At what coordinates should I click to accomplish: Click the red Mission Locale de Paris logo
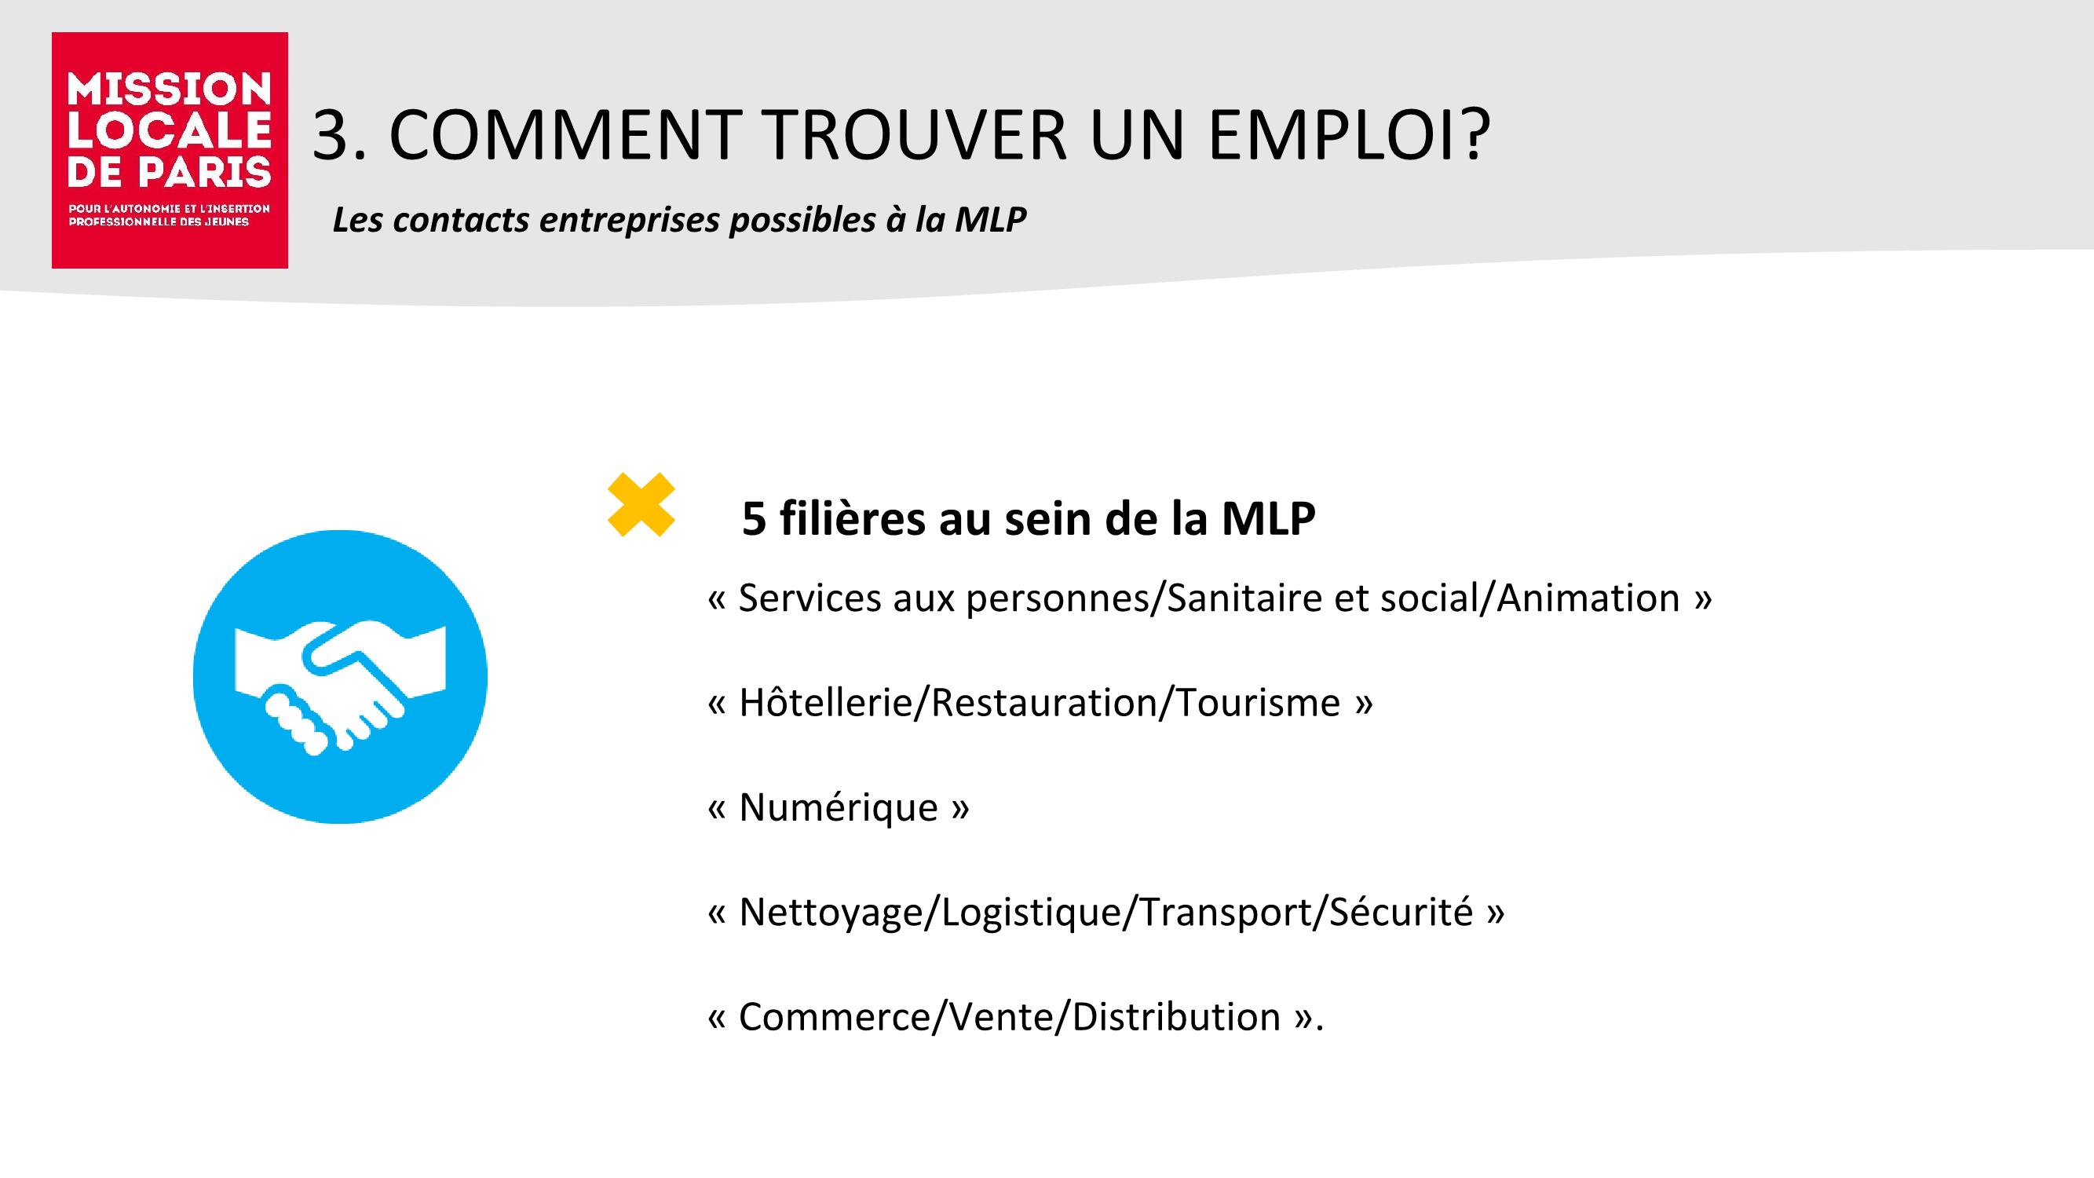170,151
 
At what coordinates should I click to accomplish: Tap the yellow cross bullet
641,505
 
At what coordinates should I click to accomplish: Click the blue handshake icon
340,677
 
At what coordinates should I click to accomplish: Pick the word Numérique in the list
838,807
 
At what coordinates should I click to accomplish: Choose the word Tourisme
1258,702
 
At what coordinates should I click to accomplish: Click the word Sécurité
1401,912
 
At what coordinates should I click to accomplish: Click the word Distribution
1176,1017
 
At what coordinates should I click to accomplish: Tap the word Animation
1588,598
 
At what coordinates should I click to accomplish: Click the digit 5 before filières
754,518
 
